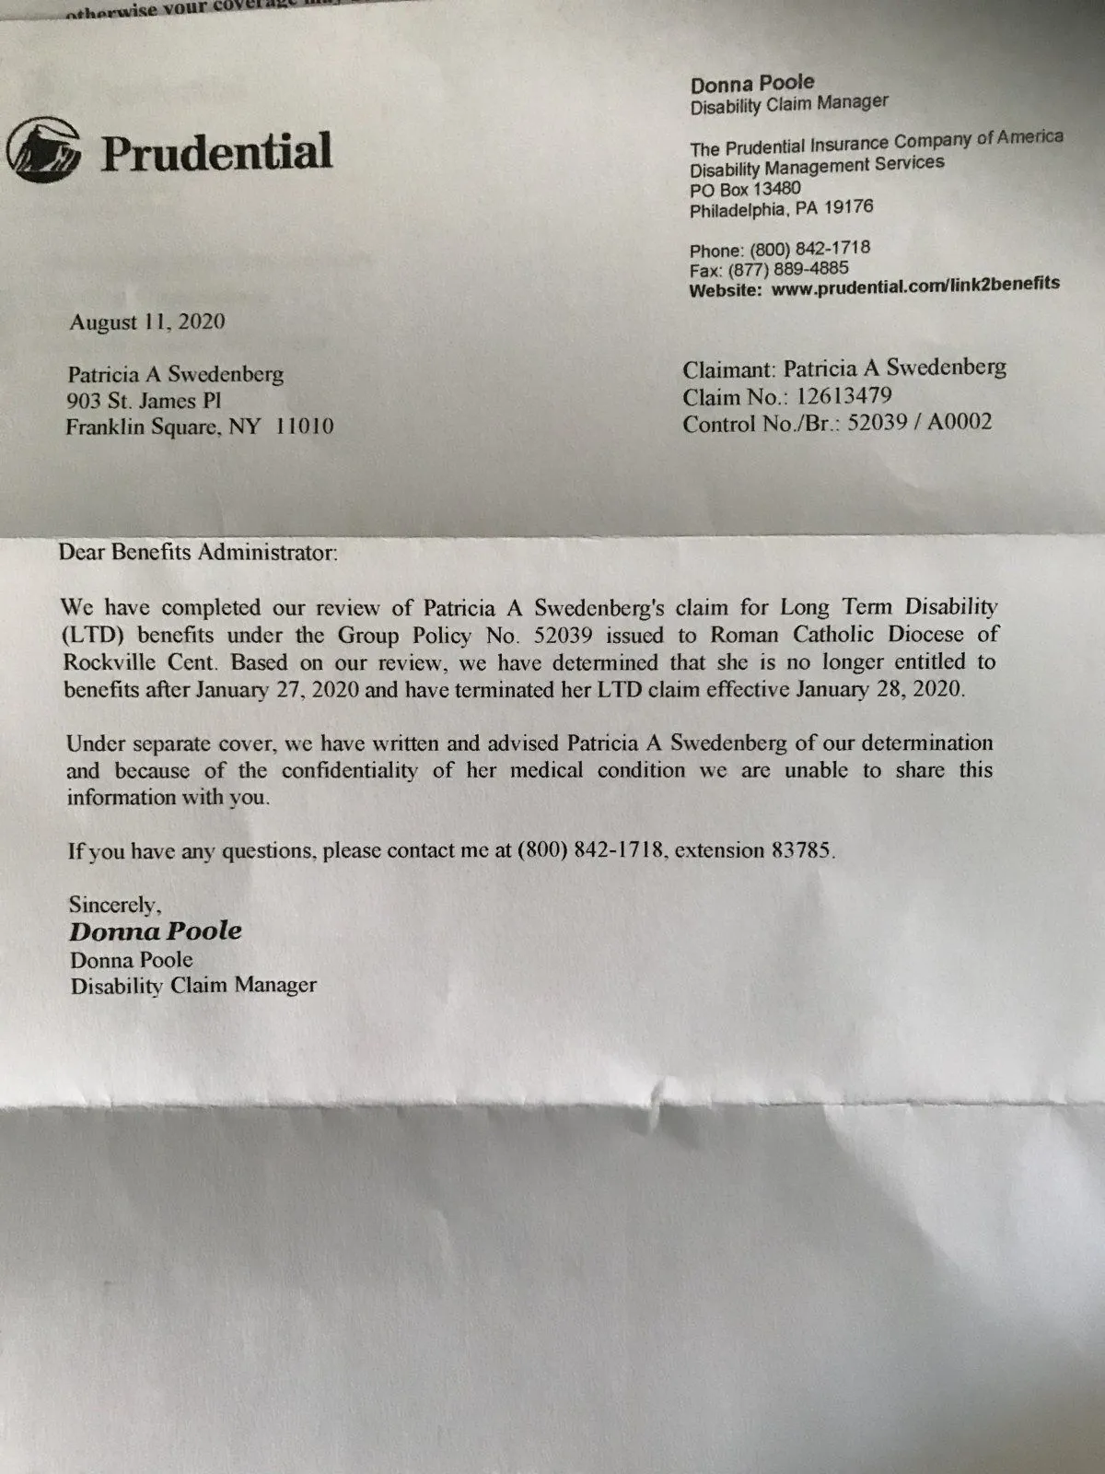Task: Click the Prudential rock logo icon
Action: [x=44, y=150]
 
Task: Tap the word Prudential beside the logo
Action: [x=216, y=152]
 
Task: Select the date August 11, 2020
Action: [x=147, y=322]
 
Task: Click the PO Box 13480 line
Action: [x=745, y=190]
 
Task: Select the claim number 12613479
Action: [x=843, y=397]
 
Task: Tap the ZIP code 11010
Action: [x=304, y=427]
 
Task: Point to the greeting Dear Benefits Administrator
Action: [x=198, y=553]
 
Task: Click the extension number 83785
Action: [x=801, y=849]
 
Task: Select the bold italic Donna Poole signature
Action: [x=156, y=930]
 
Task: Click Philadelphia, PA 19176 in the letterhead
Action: [x=781, y=209]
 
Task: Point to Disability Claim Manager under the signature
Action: [x=193, y=985]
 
